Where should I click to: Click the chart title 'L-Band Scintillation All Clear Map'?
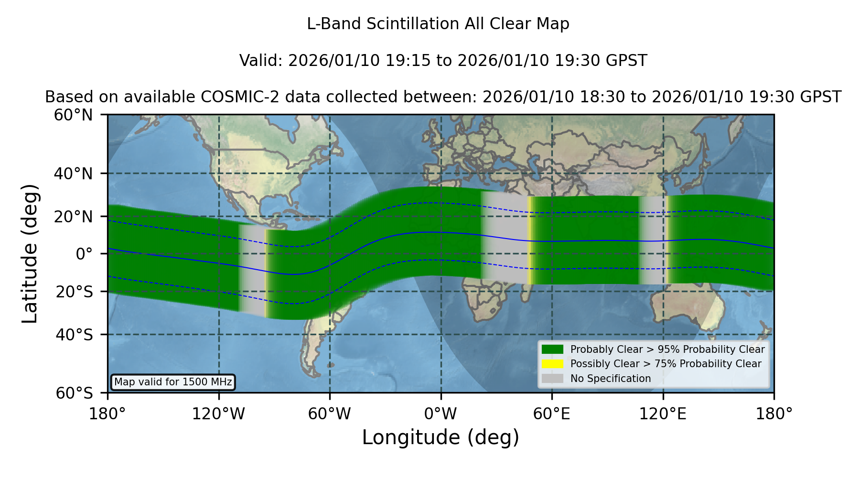[438, 24]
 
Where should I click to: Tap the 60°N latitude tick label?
[74, 115]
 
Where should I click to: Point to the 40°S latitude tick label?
[74, 335]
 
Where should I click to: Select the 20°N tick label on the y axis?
[74, 217]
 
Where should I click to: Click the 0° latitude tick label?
[85, 254]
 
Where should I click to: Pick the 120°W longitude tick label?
[219, 414]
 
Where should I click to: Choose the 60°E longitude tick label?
[552, 414]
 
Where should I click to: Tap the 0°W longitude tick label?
[441, 414]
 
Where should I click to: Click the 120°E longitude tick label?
[663, 414]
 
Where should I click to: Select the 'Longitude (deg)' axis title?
[441, 437]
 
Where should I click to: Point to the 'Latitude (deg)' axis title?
[30, 253]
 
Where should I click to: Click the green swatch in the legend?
[553, 349]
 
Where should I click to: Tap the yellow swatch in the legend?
[553, 364]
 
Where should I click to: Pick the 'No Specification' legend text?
[611, 379]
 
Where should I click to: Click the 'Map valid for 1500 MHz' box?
[173, 382]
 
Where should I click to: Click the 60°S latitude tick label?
[75, 393]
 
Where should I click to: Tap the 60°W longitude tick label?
[330, 414]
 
